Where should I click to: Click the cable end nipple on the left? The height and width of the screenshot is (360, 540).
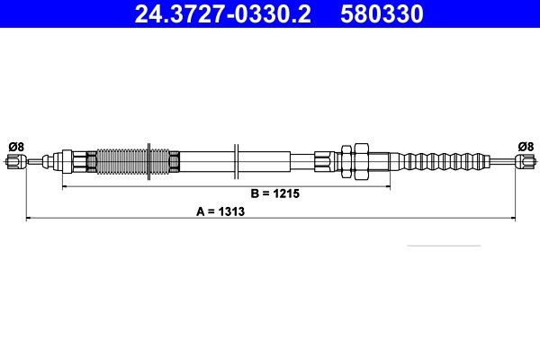click(13, 162)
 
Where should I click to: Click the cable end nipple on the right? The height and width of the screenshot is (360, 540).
click(526, 162)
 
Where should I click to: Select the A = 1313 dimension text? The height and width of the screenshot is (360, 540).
click(221, 213)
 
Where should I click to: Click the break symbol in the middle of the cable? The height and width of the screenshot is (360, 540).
click(235, 162)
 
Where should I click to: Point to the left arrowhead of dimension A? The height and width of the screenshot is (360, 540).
click(27, 219)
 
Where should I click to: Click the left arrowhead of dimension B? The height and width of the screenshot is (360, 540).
click(63, 187)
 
